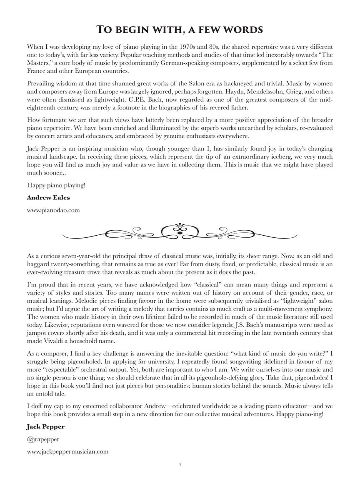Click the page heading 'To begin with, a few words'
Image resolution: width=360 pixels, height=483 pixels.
click(180, 30)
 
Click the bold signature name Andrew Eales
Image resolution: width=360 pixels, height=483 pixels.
click(48, 197)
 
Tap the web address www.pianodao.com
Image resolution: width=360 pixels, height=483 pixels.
click(53, 210)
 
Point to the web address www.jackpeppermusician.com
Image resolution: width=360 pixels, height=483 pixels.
click(67, 451)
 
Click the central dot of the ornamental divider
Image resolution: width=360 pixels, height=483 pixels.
click(180, 232)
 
